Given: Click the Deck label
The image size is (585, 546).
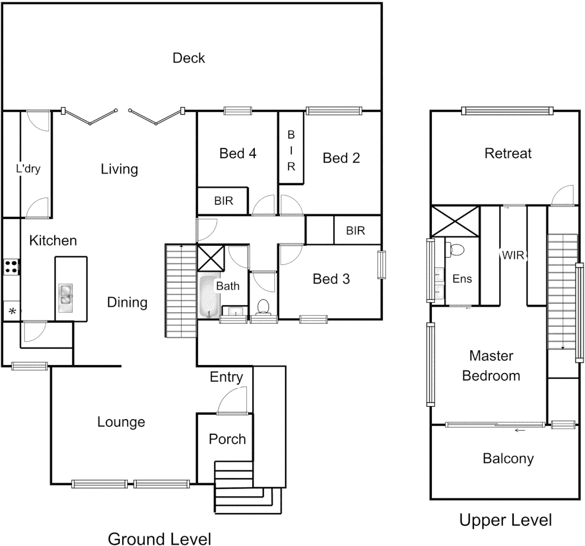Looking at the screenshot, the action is click(x=189, y=58).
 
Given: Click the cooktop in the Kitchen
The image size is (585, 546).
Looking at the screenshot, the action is click(x=11, y=266).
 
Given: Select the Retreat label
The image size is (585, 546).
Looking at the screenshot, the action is click(x=508, y=153).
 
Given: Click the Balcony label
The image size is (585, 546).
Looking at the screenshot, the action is click(x=508, y=459).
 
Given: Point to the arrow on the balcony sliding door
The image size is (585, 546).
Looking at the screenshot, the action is click(x=519, y=431).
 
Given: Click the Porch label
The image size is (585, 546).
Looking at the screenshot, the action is click(x=227, y=439).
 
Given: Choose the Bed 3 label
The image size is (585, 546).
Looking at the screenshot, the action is click(x=331, y=279).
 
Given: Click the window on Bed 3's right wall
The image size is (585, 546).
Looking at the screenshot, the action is click(x=381, y=264).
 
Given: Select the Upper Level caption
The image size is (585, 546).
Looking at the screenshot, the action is click(x=505, y=520).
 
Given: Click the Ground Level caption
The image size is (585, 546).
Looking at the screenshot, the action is click(x=159, y=538).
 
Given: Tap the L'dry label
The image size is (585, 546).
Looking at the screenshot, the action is click(x=28, y=169).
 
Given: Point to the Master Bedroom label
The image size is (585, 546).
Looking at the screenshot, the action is click(x=491, y=366).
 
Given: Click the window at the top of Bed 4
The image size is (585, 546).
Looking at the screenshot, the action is click(x=238, y=111).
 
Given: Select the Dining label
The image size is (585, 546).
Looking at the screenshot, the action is click(x=127, y=302).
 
